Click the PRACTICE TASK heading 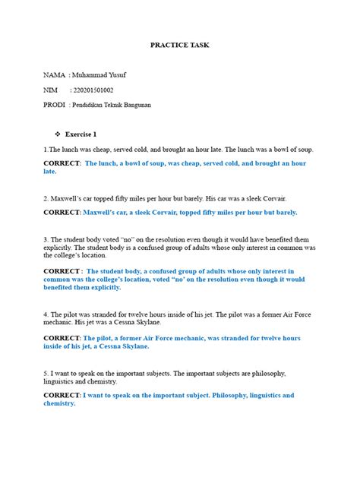click(x=180, y=46)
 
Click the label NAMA click(x=54, y=76)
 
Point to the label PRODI click(x=55, y=105)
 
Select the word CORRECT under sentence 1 click(x=62, y=163)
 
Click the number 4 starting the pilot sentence click(x=46, y=314)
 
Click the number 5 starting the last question click(x=46, y=373)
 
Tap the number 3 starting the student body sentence click(x=46, y=239)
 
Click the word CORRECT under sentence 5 click(x=62, y=396)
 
